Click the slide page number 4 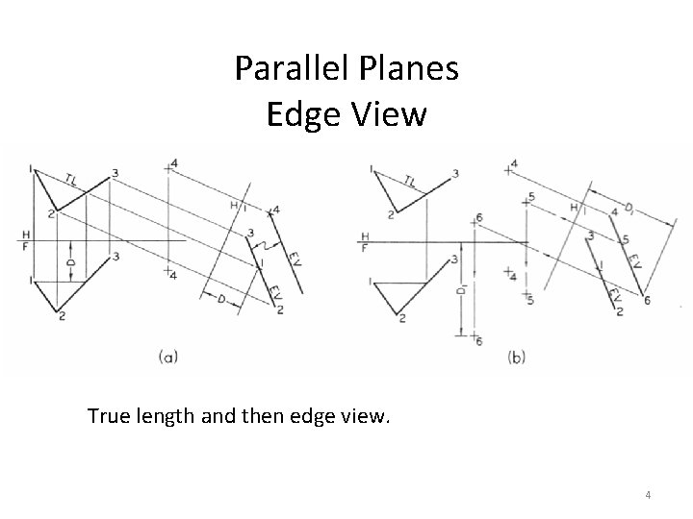tap(648, 495)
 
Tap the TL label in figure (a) tap(72, 176)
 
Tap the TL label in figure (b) tap(410, 179)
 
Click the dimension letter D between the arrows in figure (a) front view tap(69, 261)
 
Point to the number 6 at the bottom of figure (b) tap(478, 342)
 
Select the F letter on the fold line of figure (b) tap(365, 247)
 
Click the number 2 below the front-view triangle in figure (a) tap(60, 316)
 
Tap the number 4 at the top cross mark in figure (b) tap(515, 164)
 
